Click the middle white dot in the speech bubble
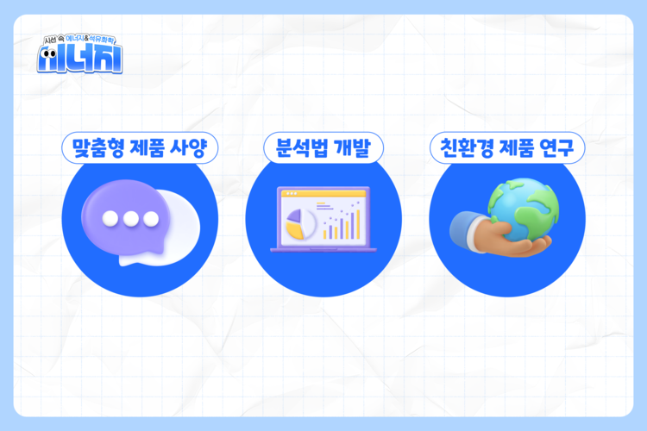pyautogui.click(x=130, y=218)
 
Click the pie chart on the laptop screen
pyautogui.click(x=298, y=222)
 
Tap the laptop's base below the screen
pyautogui.click(x=323, y=249)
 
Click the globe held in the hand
pyautogui.click(x=523, y=207)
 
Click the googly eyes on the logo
pyautogui.click(x=53, y=59)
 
